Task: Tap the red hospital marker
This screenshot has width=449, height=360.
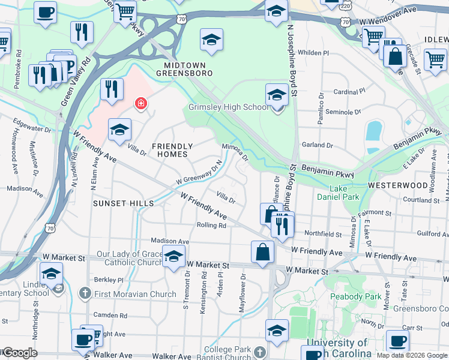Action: coord(141,104)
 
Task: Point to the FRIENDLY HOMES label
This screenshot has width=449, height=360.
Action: coord(172,151)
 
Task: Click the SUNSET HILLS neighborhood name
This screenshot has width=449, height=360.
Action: coord(123,203)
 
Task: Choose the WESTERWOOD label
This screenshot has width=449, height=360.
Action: coord(398,185)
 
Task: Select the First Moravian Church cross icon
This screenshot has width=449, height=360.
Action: coord(85,293)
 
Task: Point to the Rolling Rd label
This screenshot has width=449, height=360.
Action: coord(211,226)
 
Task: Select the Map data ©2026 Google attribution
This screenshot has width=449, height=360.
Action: coord(412,355)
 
